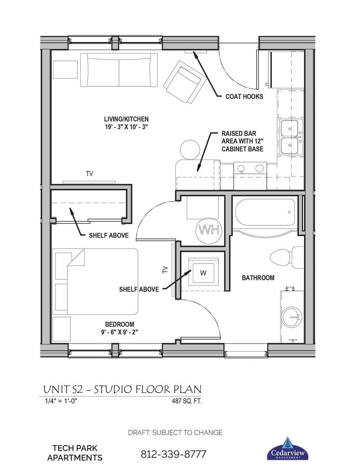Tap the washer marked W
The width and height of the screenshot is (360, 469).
[x=203, y=273]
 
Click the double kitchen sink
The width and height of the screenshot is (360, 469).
[x=290, y=137]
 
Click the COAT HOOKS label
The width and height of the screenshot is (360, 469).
[x=244, y=96]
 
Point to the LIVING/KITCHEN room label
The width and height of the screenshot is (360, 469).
[x=126, y=119]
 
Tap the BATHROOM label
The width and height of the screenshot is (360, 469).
[x=258, y=277]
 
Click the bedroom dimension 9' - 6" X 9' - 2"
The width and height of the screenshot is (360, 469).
[x=119, y=333]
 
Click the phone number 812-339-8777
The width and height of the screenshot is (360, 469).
[x=173, y=455]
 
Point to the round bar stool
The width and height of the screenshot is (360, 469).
[x=189, y=150]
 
